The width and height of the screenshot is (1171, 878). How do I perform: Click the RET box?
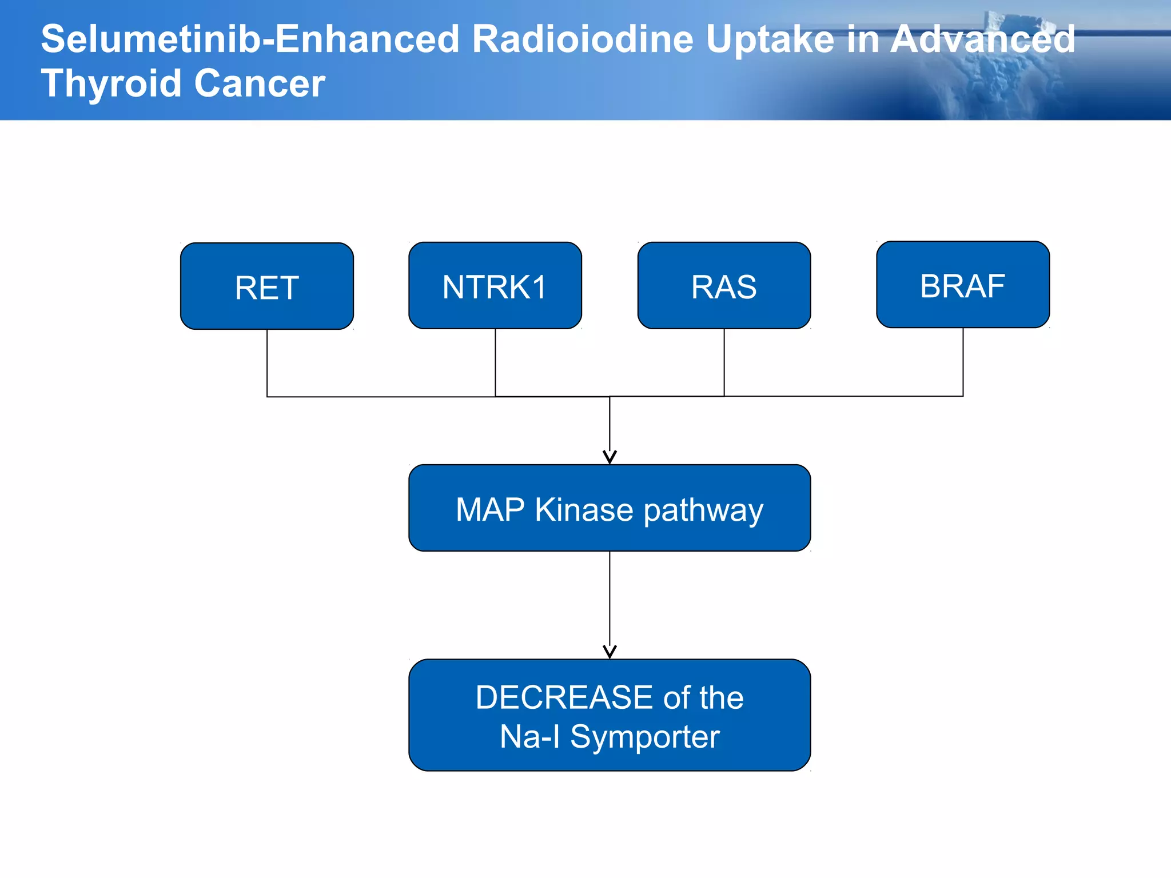pyautogui.click(x=266, y=286)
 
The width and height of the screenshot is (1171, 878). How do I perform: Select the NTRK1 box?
pyautogui.click(x=495, y=286)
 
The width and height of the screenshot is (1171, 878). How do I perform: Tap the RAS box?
pyautogui.click(x=724, y=286)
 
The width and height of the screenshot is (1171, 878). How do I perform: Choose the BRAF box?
pyautogui.click(x=963, y=285)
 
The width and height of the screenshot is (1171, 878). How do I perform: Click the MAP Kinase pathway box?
pyautogui.click(x=610, y=508)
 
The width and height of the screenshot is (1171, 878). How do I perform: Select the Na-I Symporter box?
pyautogui.click(x=610, y=715)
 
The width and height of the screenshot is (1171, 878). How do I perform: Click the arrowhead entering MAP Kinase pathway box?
pyautogui.click(x=610, y=457)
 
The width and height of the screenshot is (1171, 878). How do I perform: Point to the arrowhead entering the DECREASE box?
pyautogui.click(x=610, y=652)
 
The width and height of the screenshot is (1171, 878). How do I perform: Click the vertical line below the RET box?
pyautogui.click(x=267, y=363)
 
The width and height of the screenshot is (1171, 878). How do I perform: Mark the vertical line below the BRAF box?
pyautogui.click(x=963, y=362)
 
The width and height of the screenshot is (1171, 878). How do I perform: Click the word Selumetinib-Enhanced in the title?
pyautogui.click(x=250, y=39)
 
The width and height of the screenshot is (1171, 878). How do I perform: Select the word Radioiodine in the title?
pyautogui.click(x=583, y=39)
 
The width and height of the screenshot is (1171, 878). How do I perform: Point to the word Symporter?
pyautogui.click(x=645, y=737)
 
